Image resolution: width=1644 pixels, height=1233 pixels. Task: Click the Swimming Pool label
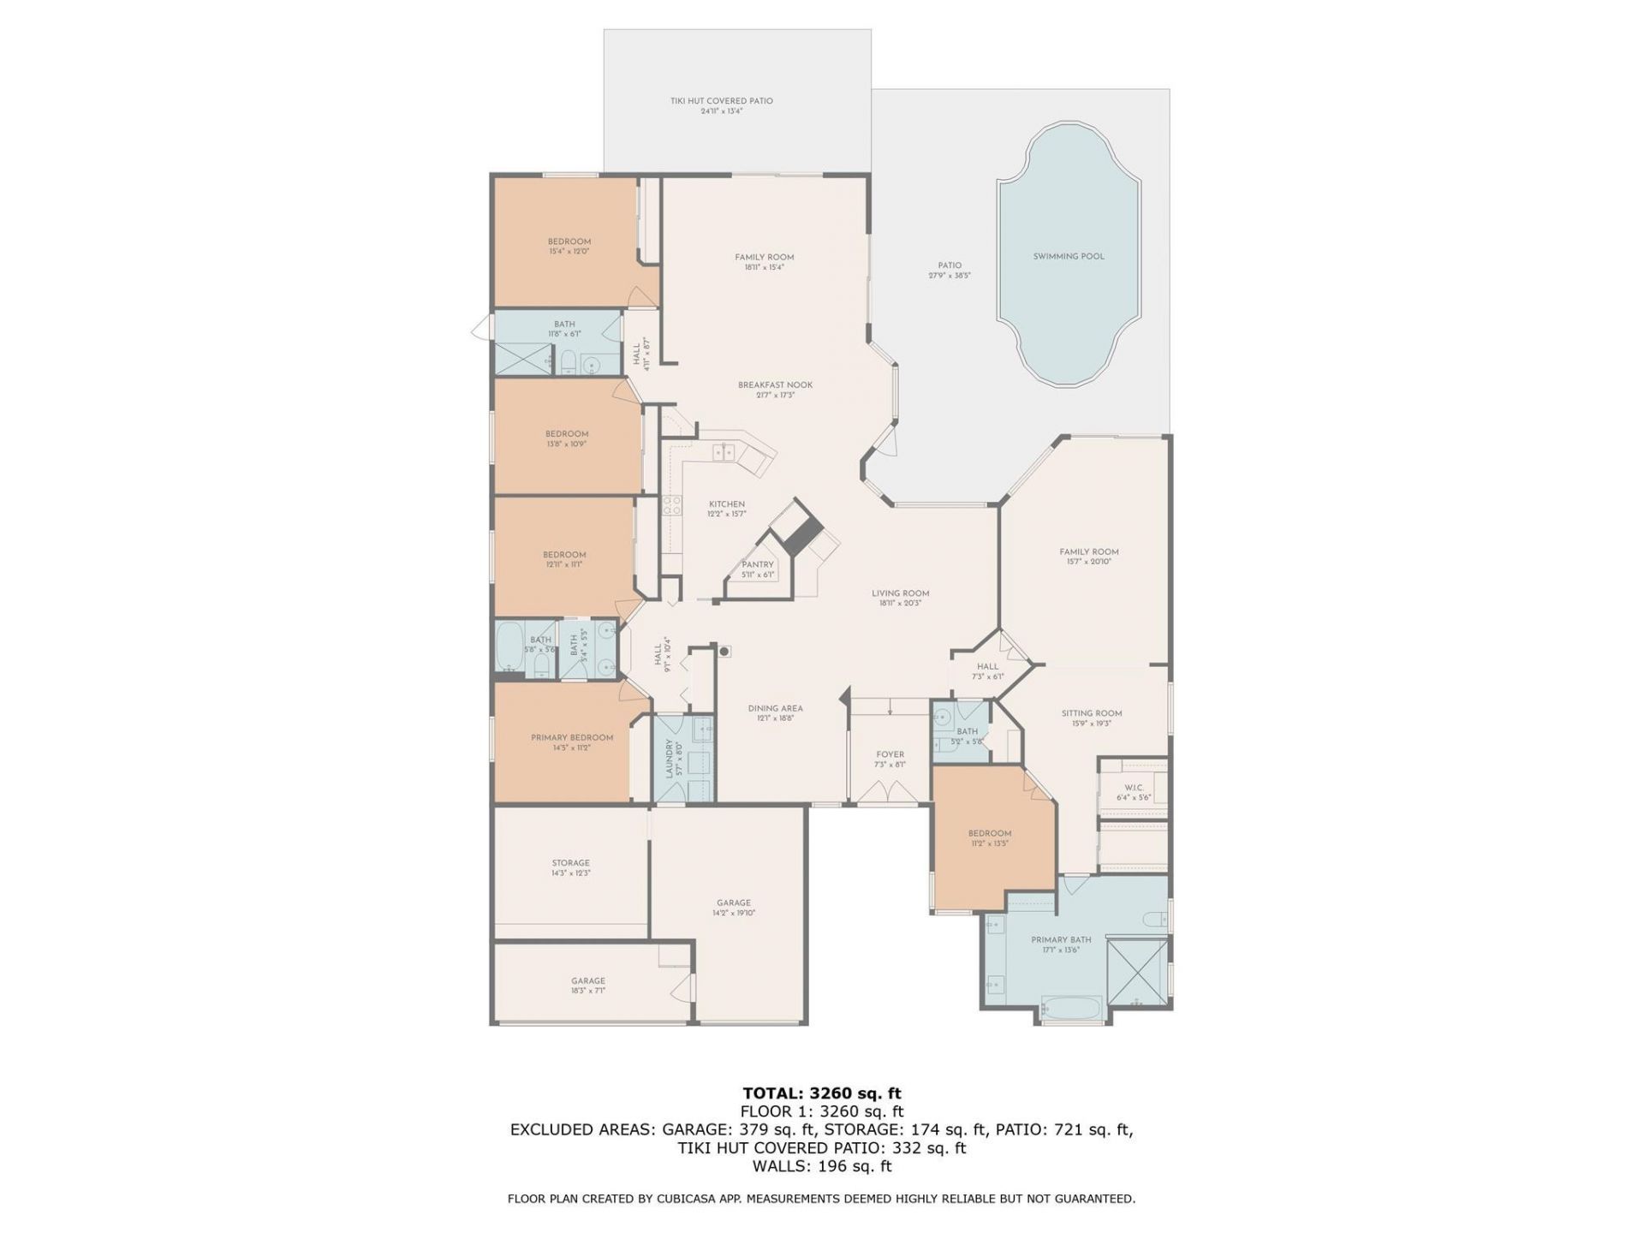click(1068, 256)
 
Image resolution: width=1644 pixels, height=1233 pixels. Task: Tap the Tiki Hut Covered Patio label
click(721, 101)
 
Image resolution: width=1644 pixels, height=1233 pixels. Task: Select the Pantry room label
click(758, 565)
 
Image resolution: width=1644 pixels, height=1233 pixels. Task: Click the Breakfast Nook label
click(775, 385)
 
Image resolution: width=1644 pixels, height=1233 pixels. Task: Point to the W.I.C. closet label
click(1134, 788)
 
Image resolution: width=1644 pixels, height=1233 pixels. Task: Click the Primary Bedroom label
click(572, 738)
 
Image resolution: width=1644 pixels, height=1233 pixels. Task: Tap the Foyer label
click(890, 755)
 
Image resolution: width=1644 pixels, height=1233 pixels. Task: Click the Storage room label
click(570, 863)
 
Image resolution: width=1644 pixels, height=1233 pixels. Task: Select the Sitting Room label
click(1091, 713)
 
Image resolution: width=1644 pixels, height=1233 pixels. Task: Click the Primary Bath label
click(1061, 939)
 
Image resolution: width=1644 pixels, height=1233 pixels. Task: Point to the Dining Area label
click(775, 708)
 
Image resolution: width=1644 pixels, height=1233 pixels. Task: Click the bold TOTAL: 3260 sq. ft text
click(821, 1093)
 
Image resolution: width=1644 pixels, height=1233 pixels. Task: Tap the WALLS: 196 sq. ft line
click(821, 1166)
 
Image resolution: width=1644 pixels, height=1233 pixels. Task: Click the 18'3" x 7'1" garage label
click(588, 991)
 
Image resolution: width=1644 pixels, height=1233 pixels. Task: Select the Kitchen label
click(726, 504)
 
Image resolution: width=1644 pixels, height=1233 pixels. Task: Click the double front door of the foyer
click(889, 793)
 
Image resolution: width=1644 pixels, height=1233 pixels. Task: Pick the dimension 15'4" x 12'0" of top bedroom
click(569, 252)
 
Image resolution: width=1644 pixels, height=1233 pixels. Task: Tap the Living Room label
click(900, 593)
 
